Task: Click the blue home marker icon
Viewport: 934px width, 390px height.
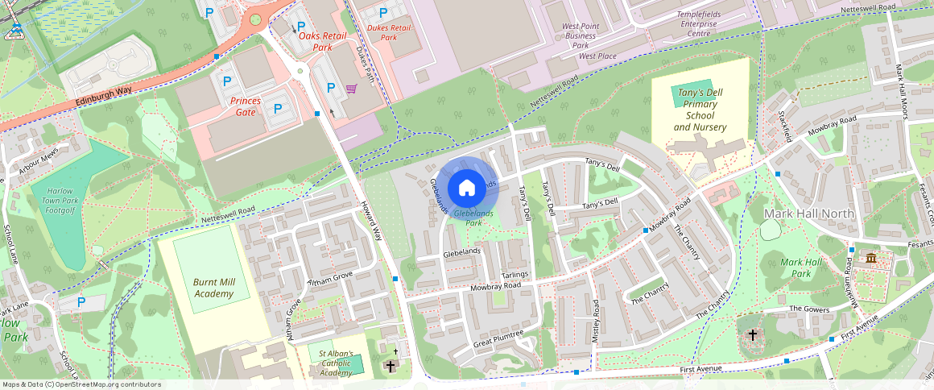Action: point(466,188)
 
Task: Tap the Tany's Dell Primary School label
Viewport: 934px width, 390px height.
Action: point(700,110)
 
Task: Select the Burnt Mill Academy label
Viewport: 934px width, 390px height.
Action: point(213,288)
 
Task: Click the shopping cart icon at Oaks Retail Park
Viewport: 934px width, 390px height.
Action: point(351,89)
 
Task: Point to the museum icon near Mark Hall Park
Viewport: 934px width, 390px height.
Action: point(871,258)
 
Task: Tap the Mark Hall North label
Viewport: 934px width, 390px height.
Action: point(808,213)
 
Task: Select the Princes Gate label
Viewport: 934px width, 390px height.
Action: point(246,106)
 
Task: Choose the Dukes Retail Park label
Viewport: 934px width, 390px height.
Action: point(388,32)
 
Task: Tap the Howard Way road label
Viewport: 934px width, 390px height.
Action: point(371,220)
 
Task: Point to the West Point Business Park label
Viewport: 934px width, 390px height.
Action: point(581,35)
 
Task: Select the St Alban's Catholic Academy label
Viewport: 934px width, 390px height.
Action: point(336,363)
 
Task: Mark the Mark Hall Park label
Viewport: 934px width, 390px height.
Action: point(801,268)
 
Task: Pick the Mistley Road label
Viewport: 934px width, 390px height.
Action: point(596,322)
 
